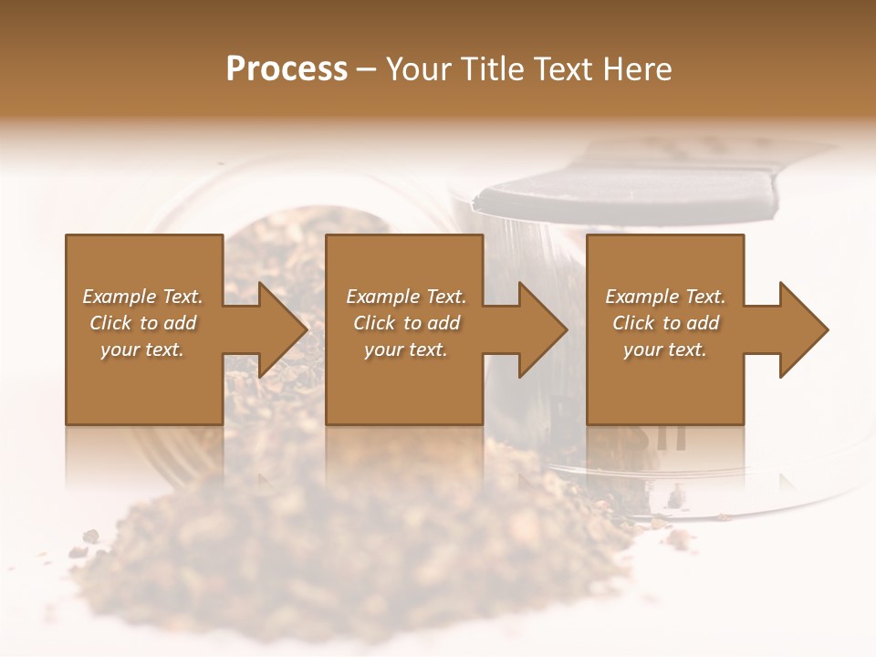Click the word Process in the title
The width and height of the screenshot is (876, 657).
click(x=287, y=69)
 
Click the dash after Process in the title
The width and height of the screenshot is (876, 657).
click(x=367, y=70)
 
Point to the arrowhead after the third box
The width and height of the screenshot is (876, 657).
click(x=802, y=329)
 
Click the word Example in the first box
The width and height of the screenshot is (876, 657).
click(x=117, y=297)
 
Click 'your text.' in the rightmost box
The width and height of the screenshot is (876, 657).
click(x=665, y=349)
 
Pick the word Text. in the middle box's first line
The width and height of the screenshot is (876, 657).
click(x=442, y=297)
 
